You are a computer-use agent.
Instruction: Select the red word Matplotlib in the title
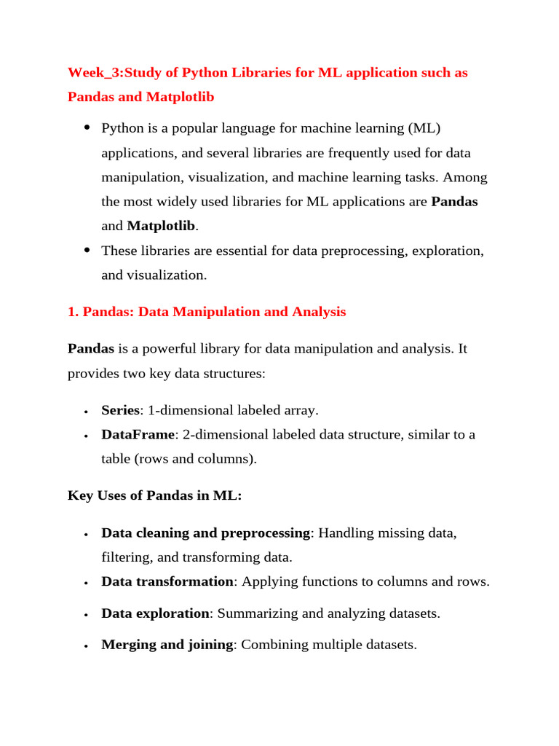(x=180, y=96)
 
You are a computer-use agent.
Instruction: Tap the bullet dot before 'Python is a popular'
(x=87, y=128)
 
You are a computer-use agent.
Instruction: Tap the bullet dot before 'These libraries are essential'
(x=87, y=251)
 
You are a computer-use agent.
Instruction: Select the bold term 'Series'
(x=120, y=410)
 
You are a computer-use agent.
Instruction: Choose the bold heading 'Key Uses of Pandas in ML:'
(x=154, y=495)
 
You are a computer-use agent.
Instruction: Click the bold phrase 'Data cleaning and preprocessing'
(x=205, y=533)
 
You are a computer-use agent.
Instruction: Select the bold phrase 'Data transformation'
(x=167, y=582)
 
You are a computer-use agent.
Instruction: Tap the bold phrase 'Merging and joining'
(x=167, y=645)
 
